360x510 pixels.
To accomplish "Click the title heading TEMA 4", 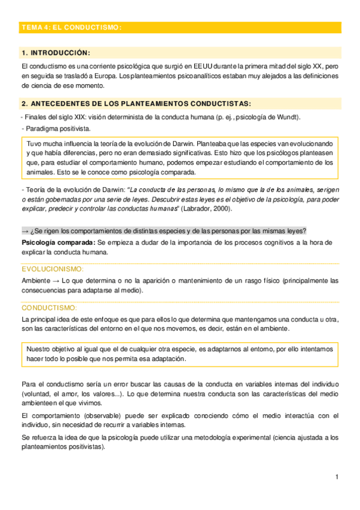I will [71, 28].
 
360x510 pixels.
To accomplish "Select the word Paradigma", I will [39, 129].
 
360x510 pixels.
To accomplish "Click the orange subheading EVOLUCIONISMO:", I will [53, 269].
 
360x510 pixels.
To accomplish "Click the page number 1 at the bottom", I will [337, 478].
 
